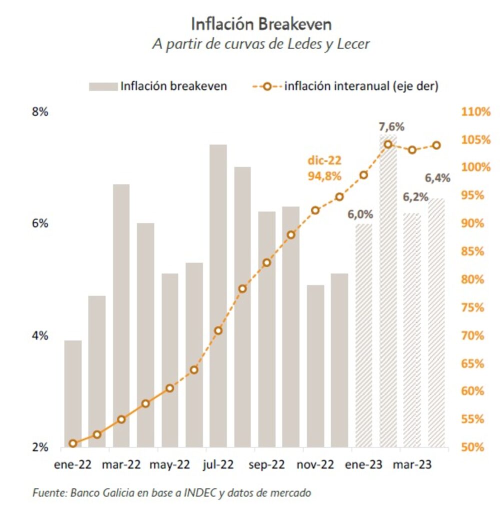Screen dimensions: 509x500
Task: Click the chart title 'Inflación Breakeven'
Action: [x=261, y=23]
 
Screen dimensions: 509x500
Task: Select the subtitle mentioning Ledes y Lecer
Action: [x=261, y=44]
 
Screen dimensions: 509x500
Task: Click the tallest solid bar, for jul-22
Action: [x=218, y=295]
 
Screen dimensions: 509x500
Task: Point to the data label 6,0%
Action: [x=360, y=214]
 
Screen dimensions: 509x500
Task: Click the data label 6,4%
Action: [x=437, y=178]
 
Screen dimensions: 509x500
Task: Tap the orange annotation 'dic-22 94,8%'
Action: [x=324, y=169]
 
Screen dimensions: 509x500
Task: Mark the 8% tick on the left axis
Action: [x=40, y=111]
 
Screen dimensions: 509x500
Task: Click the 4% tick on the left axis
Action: [x=40, y=335]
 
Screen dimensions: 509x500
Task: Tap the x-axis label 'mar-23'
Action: [x=411, y=465]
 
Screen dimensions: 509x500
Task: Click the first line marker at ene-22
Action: [x=73, y=443]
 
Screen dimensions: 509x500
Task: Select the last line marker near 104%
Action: [x=436, y=145]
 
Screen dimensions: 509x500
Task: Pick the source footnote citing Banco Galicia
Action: [x=172, y=493]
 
